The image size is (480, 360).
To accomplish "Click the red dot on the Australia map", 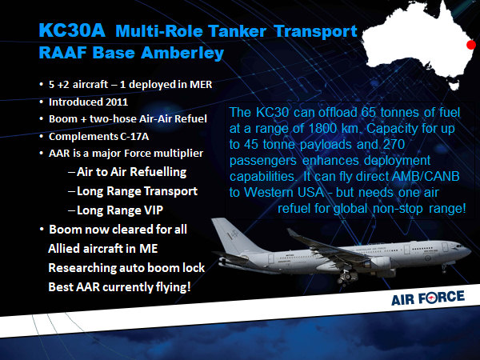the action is tap(471, 45).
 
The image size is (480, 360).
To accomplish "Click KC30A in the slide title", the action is tap(72, 30).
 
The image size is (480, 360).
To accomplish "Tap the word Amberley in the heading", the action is tap(182, 53).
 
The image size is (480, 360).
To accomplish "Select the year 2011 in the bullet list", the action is tap(117, 102).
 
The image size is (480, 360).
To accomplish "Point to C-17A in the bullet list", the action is tap(134, 136).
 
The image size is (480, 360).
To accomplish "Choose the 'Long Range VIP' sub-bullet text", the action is tap(120, 210).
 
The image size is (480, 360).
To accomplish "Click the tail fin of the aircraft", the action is tap(230, 236).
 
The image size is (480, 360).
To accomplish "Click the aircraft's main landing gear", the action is tap(347, 277).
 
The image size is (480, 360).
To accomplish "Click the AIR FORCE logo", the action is tap(428, 298).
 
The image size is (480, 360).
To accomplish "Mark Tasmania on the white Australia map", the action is tap(454, 86).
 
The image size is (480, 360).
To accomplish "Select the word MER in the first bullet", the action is tap(201, 84).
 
